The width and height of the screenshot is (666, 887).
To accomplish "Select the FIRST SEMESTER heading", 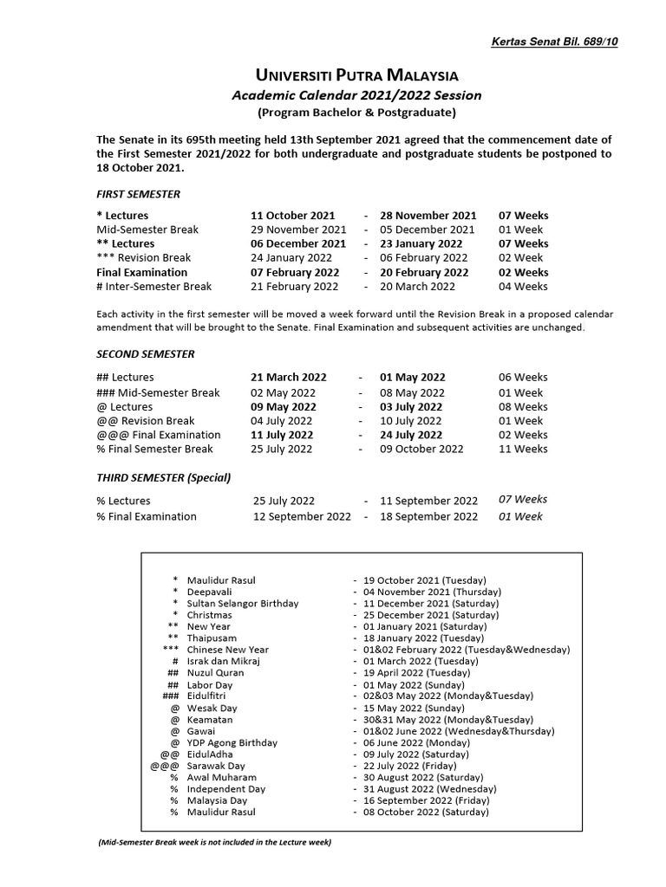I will (139, 194).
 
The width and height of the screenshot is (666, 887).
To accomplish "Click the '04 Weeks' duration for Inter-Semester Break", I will (523, 287).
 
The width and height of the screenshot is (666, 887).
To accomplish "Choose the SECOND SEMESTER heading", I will (146, 354).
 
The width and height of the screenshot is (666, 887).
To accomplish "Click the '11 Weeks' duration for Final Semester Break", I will (523, 449).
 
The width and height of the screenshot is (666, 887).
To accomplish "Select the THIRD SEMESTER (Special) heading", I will (164, 477).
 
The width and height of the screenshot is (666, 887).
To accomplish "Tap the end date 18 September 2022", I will (429, 516).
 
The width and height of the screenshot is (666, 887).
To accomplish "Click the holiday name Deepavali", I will (211, 592).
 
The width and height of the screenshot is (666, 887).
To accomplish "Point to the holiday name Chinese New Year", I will (228, 650).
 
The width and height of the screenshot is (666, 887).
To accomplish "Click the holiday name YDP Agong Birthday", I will (232, 743).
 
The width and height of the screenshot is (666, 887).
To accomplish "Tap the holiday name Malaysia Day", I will (217, 801).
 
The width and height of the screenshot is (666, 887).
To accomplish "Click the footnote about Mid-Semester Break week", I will (215, 842).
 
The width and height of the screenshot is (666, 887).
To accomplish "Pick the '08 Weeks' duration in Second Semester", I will (523, 406).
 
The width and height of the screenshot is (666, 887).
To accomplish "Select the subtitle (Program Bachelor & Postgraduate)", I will (356, 113).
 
